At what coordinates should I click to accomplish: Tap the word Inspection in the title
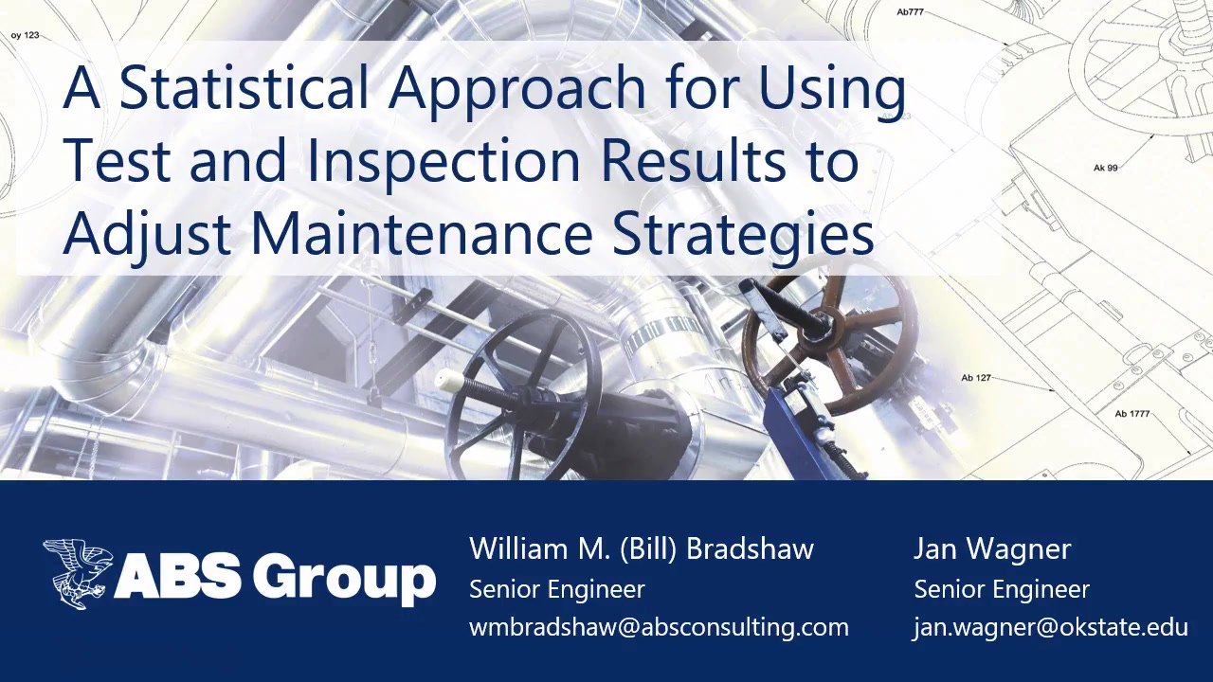click(443, 160)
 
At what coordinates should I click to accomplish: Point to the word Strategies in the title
click(743, 234)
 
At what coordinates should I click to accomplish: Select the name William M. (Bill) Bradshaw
click(642, 549)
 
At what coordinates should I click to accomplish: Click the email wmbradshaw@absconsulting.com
click(659, 627)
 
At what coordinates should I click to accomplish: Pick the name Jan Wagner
click(992, 549)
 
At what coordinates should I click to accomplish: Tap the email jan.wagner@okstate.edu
click(1050, 627)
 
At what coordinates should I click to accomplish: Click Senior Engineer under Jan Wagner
click(1002, 589)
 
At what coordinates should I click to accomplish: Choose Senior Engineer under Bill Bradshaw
click(557, 589)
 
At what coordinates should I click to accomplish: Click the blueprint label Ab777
click(910, 12)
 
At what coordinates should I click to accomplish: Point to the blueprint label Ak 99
click(1105, 168)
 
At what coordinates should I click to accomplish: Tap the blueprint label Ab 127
click(975, 378)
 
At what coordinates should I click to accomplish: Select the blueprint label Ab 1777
click(1132, 414)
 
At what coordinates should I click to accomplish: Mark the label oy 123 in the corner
click(25, 35)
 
